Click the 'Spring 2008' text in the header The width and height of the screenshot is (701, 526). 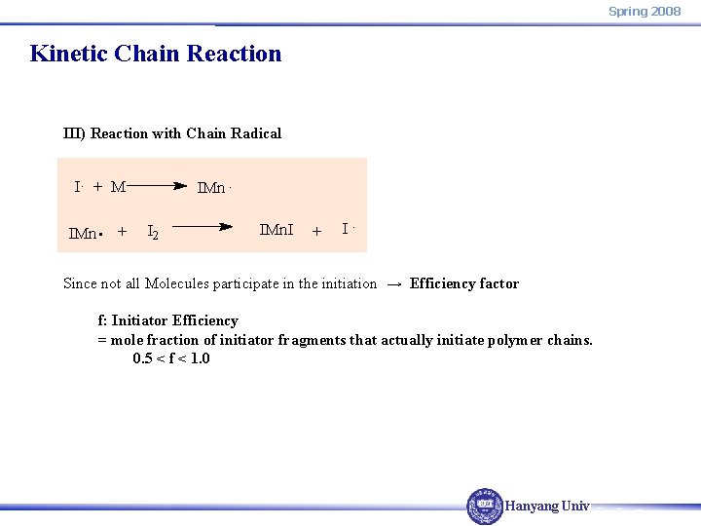pos(645,11)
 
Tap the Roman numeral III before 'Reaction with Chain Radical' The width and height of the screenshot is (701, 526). pos(73,133)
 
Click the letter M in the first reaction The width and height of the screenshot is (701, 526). pos(118,187)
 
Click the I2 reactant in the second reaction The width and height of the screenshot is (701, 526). pos(154,232)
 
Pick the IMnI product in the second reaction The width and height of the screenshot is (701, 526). pos(277,230)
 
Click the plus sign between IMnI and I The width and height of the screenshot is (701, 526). pos(316,232)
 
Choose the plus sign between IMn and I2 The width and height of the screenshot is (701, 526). pos(122,232)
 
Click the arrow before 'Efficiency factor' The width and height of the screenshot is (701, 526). pos(393,284)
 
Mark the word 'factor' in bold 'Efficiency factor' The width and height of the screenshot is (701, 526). pos(497,283)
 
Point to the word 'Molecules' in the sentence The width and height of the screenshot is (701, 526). pos(175,283)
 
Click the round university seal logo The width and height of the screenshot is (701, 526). pos(484,506)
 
